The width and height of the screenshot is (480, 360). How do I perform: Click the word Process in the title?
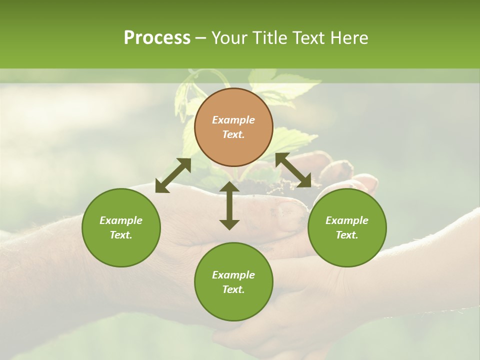tap(157, 38)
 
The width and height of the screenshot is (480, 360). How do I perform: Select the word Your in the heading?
tap(229, 38)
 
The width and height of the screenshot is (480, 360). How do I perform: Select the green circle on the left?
tap(121, 227)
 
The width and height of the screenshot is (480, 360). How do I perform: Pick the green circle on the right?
tap(347, 227)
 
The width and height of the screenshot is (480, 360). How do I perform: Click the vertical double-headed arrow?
tap(229, 205)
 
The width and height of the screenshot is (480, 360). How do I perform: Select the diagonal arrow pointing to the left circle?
tap(173, 175)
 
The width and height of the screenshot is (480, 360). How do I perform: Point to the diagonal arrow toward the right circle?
tap(293, 170)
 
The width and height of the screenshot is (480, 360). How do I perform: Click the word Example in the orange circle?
tap(233, 120)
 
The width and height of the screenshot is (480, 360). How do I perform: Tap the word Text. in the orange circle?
tap(233, 134)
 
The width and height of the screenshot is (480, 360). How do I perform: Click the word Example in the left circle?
tap(121, 220)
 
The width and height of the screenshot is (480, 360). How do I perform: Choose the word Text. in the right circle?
tap(347, 235)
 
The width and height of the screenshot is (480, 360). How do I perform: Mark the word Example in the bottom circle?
tap(233, 275)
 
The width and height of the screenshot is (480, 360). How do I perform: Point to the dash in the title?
tap(200, 38)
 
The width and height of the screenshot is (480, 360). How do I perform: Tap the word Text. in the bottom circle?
tap(233, 289)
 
